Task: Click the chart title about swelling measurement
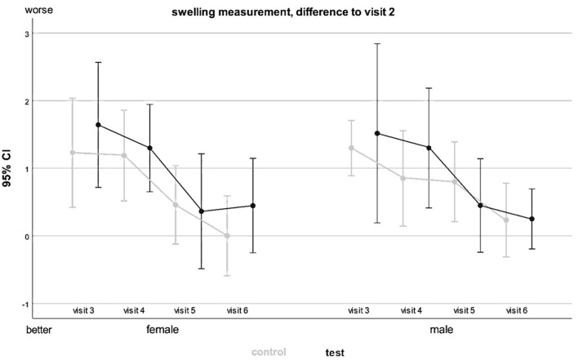coord(283,12)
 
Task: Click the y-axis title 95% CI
coord(7,168)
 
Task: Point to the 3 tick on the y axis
coord(27,33)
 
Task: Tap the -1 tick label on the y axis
coord(26,304)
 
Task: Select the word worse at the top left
coord(38,10)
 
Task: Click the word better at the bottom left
coord(39,330)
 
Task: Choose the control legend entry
coord(269,352)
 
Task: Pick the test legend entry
coord(335,353)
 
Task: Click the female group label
coord(162,329)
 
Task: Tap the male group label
coord(442,329)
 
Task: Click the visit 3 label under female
coord(83,311)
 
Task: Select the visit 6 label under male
coord(517,311)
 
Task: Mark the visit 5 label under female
coord(185,311)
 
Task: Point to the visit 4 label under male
coord(411,311)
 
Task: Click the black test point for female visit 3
coord(99,125)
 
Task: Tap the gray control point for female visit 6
coord(227,236)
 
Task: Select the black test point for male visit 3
coord(377,133)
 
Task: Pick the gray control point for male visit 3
coord(351,148)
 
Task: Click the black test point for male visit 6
coord(532,219)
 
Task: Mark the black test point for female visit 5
coord(202,211)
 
